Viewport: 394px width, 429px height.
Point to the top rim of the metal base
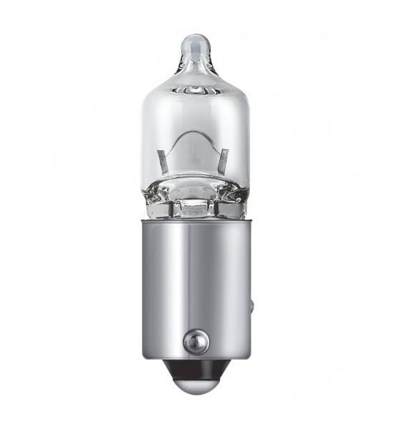tap(195, 221)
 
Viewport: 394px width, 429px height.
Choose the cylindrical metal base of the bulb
tap(196, 286)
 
